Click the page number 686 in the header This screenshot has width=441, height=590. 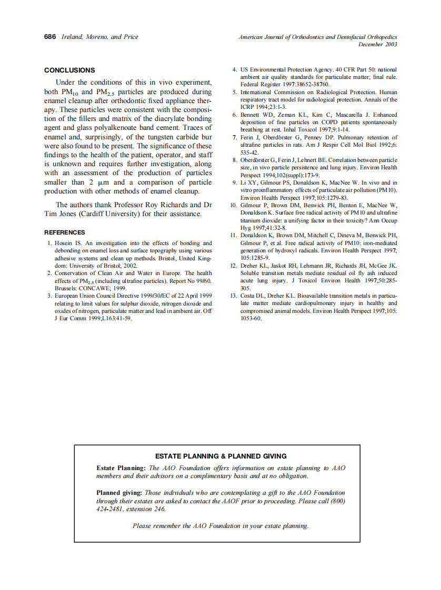pos(50,37)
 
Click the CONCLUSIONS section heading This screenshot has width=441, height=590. pos(69,70)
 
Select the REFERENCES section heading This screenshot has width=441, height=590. pos(64,232)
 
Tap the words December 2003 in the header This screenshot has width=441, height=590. pos(377,44)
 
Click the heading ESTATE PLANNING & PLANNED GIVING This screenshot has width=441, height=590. pos(221,456)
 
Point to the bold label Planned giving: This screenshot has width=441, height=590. pos(119,493)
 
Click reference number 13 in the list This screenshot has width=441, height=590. pos(234,296)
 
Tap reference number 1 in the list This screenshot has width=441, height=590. pos(49,243)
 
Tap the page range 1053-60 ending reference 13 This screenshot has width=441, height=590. pos(250,319)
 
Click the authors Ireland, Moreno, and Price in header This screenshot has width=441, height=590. pos(100,37)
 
